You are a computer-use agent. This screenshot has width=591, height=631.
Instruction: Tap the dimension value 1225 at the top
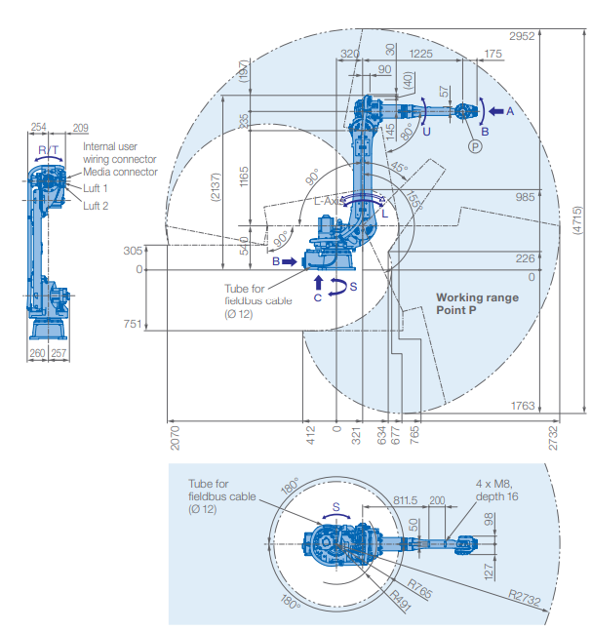pos(421,53)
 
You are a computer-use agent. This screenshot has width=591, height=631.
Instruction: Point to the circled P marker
pos(475,145)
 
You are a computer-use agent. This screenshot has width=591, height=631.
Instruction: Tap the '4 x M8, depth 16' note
pos(501,490)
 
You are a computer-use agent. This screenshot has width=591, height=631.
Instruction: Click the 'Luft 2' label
pos(96,206)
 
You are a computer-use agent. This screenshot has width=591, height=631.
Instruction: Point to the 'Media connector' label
pos(120,172)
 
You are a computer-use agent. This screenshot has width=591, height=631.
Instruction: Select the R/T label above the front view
pos(48,149)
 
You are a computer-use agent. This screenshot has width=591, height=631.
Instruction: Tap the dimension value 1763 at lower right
pos(523,405)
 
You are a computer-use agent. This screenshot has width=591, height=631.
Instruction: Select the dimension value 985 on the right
pos(526,196)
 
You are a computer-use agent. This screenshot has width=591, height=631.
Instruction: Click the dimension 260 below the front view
pos(38,353)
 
